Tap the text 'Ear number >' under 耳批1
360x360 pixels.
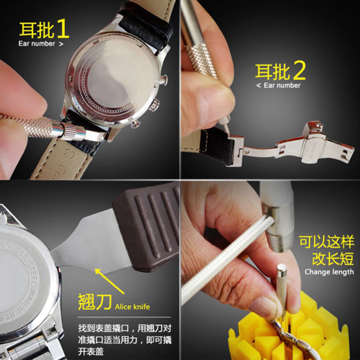[x=41, y=44]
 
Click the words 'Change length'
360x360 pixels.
[x=328, y=271]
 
